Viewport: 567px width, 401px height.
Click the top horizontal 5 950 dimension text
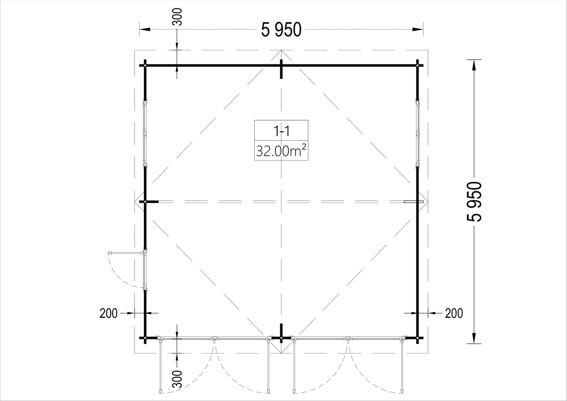click(x=281, y=29)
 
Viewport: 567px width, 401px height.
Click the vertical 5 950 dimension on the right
click(x=474, y=201)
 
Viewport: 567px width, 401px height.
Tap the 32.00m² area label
click(x=281, y=151)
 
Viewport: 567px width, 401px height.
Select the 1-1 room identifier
click(x=281, y=131)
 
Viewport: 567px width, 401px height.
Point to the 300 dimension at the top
click(x=179, y=17)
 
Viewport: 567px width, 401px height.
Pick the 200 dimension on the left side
click(x=109, y=313)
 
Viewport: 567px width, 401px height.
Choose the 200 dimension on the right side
click(x=454, y=313)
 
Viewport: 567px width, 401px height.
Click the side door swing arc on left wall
click(x=119, y=277)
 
